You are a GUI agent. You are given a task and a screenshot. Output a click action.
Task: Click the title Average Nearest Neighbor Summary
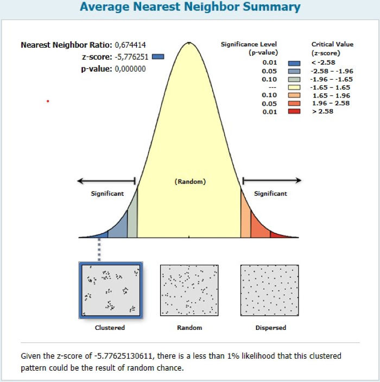tap(189, 7)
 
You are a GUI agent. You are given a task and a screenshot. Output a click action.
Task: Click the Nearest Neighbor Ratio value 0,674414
tap(131, 44)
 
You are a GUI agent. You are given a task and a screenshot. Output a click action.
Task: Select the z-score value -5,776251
tap(131, 56)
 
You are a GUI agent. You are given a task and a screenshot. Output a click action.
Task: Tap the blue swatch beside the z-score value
tap(158, 56)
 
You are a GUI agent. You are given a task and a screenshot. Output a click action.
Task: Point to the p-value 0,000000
tap(131, 68)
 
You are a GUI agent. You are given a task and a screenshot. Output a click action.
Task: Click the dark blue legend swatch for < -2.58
tap(294, 62)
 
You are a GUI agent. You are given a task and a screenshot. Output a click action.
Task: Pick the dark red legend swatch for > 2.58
tap(294, 111)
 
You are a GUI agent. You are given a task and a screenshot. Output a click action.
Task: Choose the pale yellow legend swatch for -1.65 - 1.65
tap(294, 87)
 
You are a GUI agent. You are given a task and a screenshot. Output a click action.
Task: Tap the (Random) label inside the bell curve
tap(190, 182)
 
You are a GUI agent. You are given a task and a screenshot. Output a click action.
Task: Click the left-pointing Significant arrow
tap(106, 180)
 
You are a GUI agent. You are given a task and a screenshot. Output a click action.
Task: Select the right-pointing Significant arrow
tap(271, 180)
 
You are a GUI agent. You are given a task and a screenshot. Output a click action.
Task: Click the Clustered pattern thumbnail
tap(110, 290)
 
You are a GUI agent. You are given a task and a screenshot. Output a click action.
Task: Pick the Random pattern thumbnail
tap(189, 290)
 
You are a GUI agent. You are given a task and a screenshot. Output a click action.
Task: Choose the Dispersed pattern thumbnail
tap(270, 290)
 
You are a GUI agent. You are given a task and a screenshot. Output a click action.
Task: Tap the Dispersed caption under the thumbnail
tap(270, 328)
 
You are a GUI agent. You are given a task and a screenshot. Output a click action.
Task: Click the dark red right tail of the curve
tap(279, 235)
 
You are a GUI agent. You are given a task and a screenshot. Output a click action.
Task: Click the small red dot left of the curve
tap(48, 101)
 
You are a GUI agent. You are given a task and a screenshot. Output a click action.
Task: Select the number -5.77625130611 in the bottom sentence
tap(103, 356)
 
